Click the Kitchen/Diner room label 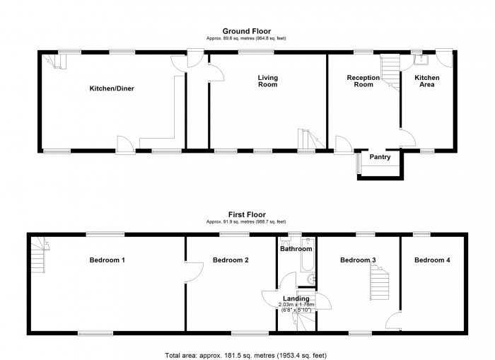coord(112,89)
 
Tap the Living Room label coord(267,81)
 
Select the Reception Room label coord(363,81)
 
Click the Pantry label coord(380,157)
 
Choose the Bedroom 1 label coord(107,260)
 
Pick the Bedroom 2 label coord(230,260)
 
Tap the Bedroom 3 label coord(358,260)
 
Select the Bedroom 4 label coord(432,260)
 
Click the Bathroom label coord(296,249)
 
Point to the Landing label coord(296,298)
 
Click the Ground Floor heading coord(246,31)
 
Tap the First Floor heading coord(246,212)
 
